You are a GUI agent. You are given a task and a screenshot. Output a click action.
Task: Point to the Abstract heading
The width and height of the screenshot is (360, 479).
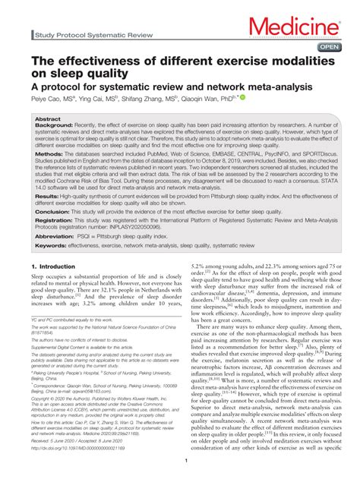tap(48, 120)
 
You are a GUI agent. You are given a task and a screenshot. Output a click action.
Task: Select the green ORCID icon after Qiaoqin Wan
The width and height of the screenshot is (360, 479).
tap(243, 98)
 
